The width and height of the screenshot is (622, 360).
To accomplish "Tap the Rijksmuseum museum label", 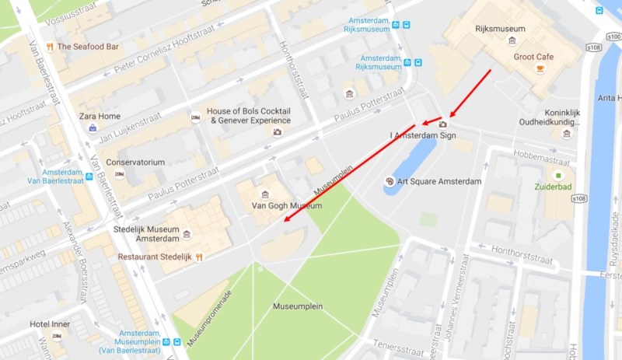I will [500, 29].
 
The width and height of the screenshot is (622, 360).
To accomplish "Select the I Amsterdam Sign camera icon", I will [443, 124].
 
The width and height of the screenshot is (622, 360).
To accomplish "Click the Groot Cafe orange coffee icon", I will [540, 70].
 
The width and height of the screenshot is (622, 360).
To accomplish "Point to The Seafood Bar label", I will [88, 47].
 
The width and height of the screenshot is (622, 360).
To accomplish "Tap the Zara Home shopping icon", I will [93, 128].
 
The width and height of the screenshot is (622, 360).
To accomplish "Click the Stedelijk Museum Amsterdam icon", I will [187, 233].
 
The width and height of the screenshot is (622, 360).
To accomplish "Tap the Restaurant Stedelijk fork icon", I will [198, 257].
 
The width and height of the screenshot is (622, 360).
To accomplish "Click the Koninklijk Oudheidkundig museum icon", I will [566, 133].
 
